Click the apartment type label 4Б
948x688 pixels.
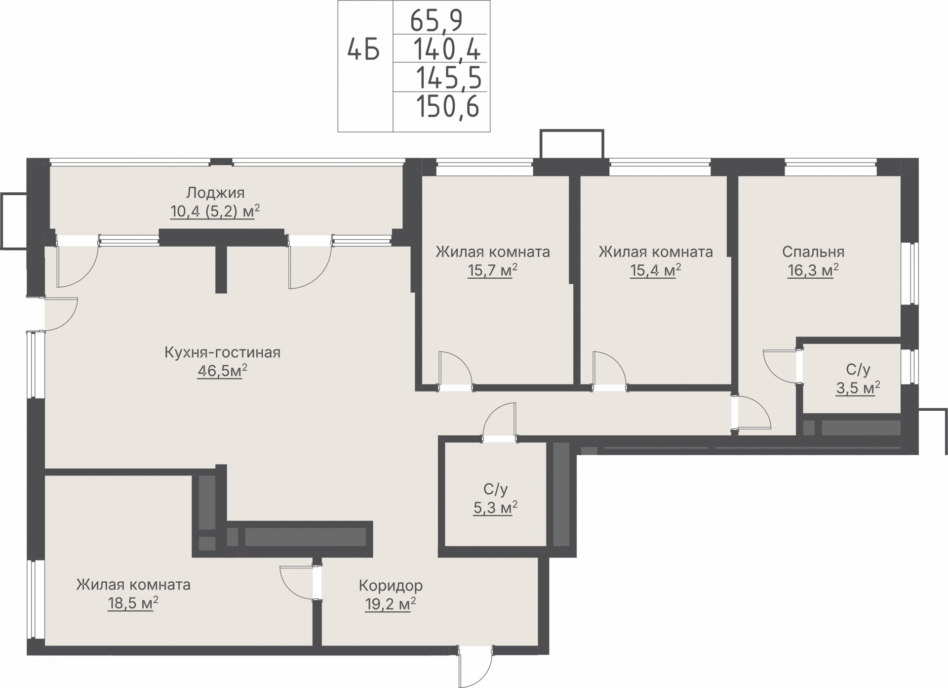(x=364, y=49)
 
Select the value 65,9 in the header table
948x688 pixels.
(x=436, y=20)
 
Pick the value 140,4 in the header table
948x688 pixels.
(x=446, y=49)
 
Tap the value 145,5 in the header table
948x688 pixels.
(x=448, y=78)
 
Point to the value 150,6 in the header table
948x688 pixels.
(x=448, y=107)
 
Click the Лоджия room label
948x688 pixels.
(x=215, y=192)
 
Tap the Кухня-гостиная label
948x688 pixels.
(x=222, y=352)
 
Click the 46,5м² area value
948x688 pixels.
(x=222, y=371)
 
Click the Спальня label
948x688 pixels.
(x=813, y=252)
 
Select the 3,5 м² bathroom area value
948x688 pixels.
(x=858, y=388)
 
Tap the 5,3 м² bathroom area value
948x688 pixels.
(x=495, y=508)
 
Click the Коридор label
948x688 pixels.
(x=391, y=586)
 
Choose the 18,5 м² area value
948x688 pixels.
(x=133, y=603)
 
